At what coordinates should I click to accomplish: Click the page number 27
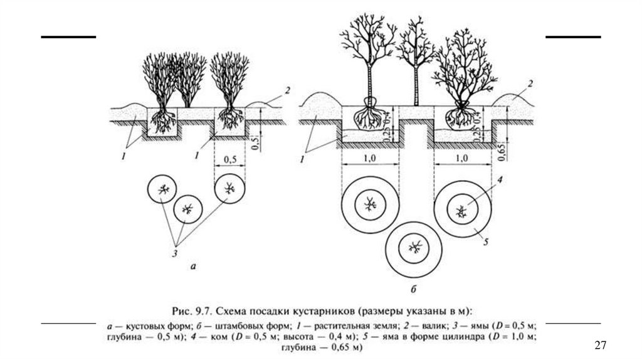[600, 345]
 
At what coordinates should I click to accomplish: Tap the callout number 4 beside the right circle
[500, 181]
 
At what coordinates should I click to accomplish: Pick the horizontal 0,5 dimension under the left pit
[229, 160]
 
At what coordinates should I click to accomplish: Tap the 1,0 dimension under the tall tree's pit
[370, 159]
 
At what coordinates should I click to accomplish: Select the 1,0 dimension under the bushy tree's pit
[463, 159]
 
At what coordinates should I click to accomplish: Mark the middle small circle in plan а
[187, 208]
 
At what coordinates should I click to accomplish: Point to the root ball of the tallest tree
[369, 116]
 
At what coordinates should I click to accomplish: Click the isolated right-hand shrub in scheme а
[229, 82]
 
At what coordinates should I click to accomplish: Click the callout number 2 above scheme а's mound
[287, 91]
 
